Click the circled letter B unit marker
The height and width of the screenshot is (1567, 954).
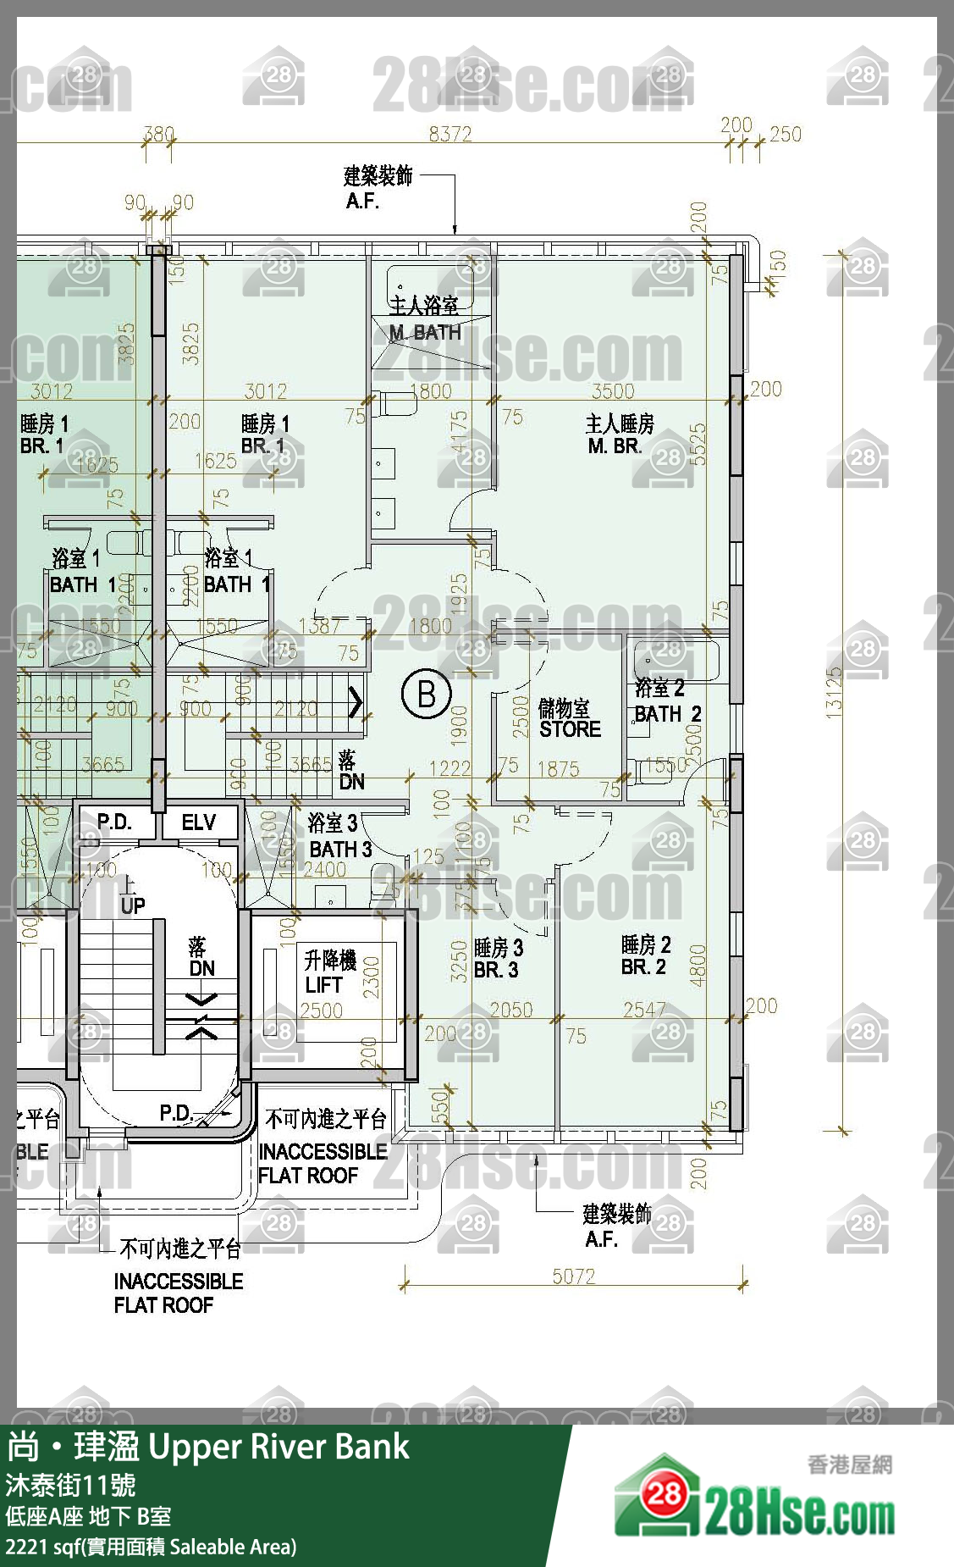(427, 694)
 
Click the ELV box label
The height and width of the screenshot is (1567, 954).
(199, 822)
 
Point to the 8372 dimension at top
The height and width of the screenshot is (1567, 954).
(449, 134)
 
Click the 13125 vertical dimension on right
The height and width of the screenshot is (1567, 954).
(835, 693)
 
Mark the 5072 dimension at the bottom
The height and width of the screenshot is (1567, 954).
(573, 1276)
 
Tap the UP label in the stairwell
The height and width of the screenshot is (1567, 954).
(132, 905)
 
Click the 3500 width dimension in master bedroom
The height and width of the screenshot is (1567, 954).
(613, 390)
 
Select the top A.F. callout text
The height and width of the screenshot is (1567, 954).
(362, 202)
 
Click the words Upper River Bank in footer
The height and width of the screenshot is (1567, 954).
(279, 1447)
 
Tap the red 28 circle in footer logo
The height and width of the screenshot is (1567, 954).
(664, 1493)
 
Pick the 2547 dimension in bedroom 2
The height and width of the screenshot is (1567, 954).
(644, 1010)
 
